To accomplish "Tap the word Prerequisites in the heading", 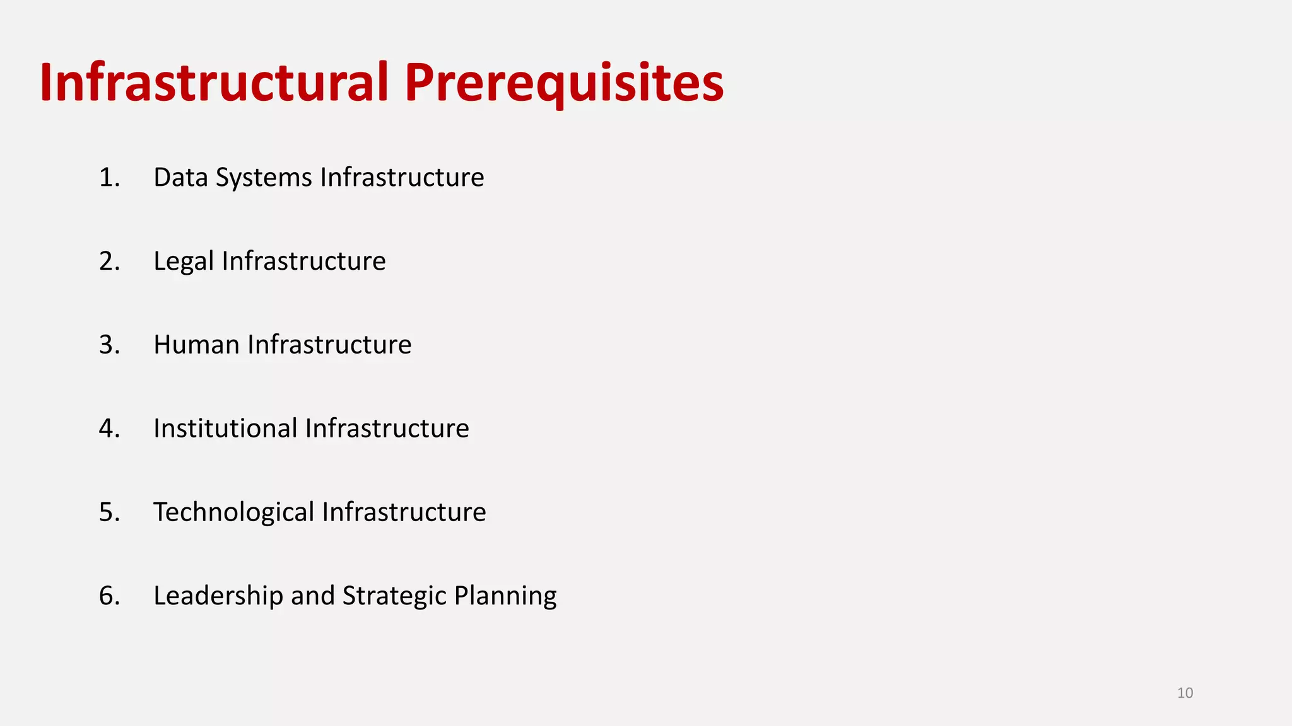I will [564, 83].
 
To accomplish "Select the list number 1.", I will [109, 178].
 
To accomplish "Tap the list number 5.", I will [109, 512].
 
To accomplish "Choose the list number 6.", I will [109, 596].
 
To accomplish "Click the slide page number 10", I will [1185, 693].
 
